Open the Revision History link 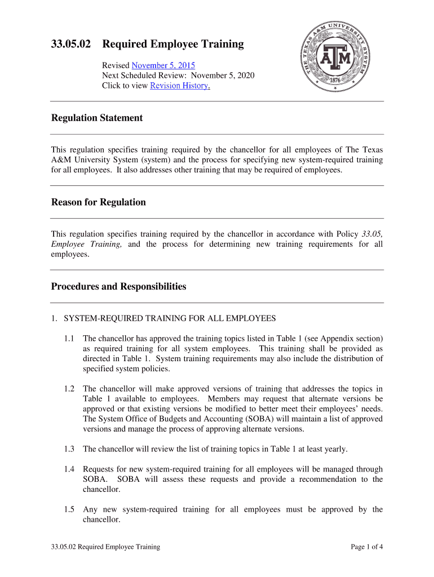coord(180,86)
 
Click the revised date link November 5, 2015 coord(163,65)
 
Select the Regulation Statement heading coord(97,118)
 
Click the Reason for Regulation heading coord(98,202)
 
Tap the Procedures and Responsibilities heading coord(118,286)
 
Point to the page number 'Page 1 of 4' coord(366,547)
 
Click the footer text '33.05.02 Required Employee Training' coord(105,547)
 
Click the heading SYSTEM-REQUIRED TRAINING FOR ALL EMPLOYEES coord(170,318)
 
